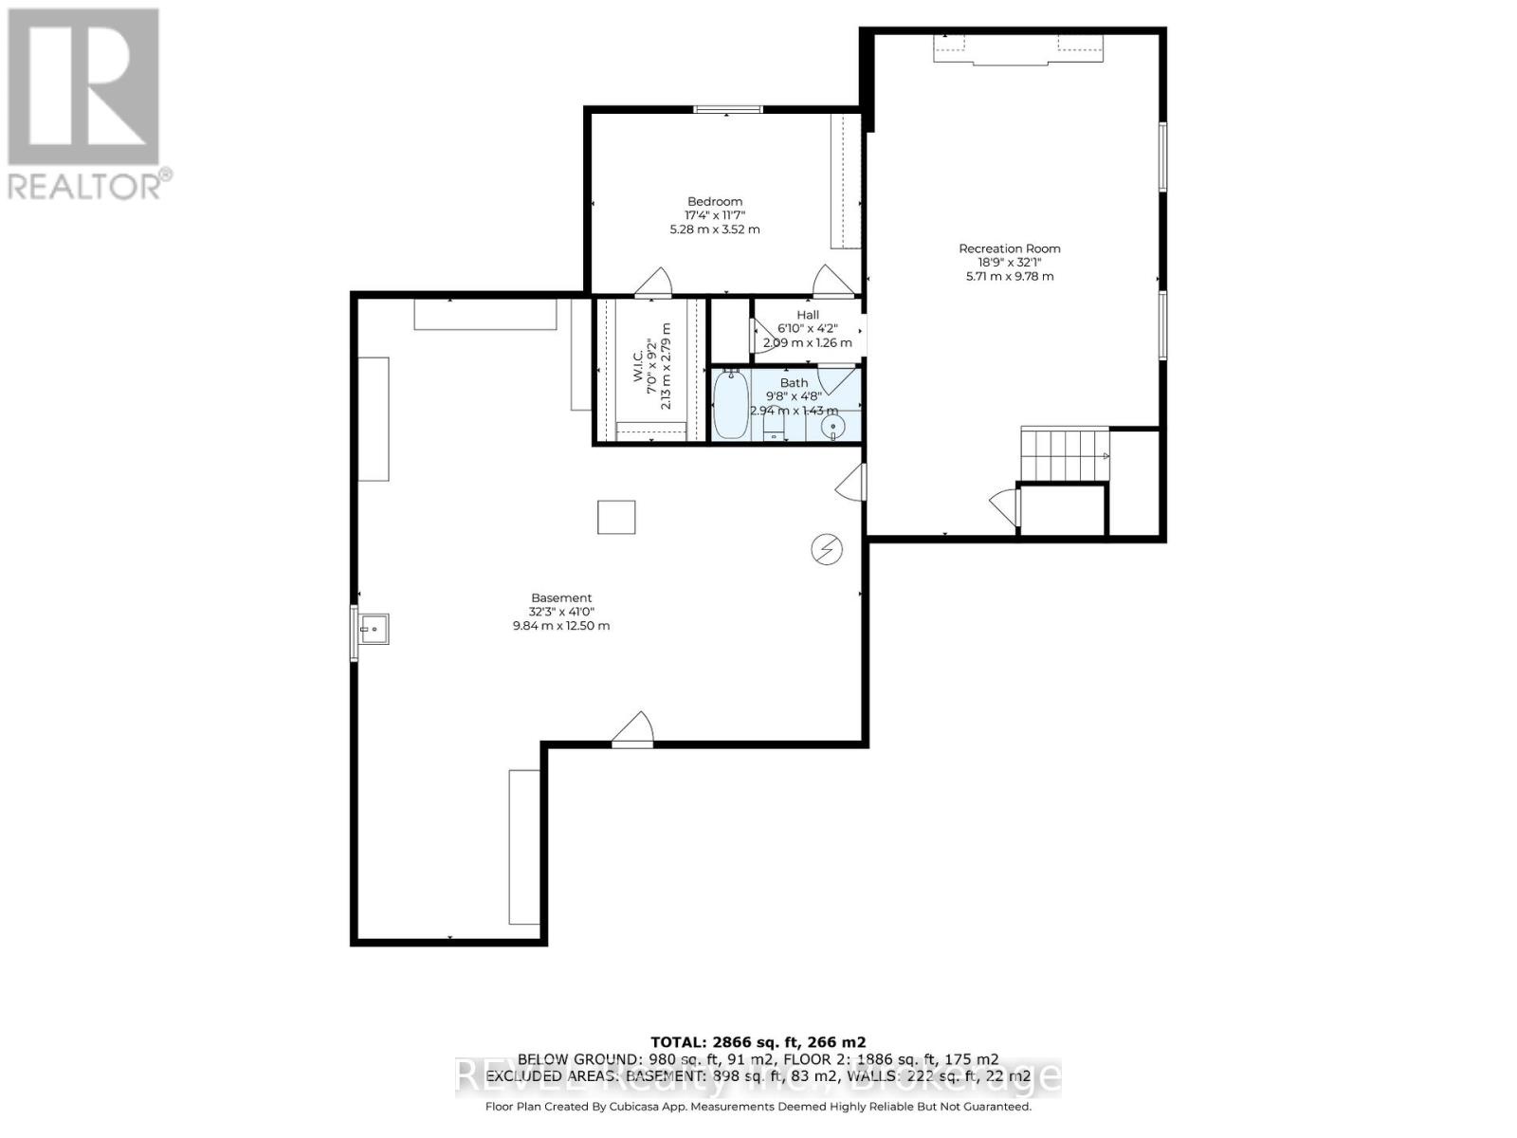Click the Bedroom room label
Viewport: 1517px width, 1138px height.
tap(715, 202)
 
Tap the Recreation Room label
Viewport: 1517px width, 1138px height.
tap(1009, 249)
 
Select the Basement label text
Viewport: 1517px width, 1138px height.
tap(561, 598)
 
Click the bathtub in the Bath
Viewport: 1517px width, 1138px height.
tap(731, 405)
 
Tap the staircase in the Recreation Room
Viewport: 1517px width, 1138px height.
tap(1064, 456)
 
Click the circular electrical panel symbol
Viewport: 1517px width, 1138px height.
tap(827, 549)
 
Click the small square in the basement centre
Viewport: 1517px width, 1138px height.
tap(616, 517)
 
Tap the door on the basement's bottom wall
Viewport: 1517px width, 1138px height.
tap(632, 731)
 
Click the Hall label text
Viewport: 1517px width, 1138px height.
tap(808, 315)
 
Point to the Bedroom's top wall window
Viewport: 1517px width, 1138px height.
tap(728, 109)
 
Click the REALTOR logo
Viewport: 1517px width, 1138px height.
tap(85, 104)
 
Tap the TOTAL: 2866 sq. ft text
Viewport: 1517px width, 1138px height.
tap(758, 1041)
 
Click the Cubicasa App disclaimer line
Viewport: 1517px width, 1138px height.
tap(758, 1107)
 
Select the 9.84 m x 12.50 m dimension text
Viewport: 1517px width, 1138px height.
tap(561, 626)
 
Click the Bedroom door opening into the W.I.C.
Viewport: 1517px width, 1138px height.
tap(653, 283)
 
